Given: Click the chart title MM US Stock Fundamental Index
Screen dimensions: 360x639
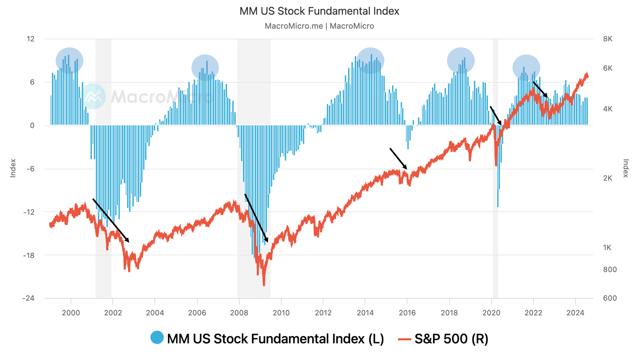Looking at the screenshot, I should coord(319,11).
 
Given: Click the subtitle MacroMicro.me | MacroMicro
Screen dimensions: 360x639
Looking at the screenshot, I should coord(319,26).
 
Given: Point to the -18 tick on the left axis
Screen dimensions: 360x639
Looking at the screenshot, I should coord(29,255).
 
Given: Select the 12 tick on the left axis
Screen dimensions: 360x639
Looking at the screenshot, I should coord(30,39).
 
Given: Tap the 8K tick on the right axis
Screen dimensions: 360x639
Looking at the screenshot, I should coord(608,39).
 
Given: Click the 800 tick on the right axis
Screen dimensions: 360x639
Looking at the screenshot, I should coord(610,270).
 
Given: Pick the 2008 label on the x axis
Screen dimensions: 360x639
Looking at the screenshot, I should coord(239,313).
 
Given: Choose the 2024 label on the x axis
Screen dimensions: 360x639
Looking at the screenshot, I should coord(575,313).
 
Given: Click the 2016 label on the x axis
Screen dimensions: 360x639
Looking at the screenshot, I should coord(407,313).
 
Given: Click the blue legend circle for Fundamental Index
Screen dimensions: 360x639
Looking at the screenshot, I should coord(157,338).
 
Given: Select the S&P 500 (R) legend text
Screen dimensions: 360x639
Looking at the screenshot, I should coord(451,339).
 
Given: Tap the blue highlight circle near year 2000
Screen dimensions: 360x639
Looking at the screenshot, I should coord(69,60).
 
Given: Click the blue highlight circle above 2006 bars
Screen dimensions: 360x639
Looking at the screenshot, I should coord(205,67).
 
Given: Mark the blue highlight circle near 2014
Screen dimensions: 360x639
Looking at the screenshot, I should coord(370,60).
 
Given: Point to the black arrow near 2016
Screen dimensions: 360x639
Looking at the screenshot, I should coord(398,158).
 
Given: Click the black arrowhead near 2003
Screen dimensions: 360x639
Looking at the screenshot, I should coord(127,240).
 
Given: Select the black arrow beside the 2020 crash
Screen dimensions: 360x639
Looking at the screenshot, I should coord(496,115).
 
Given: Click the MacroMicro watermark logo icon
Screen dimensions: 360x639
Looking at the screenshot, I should coord(93,96).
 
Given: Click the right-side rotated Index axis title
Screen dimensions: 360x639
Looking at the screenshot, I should coord(626,168).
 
